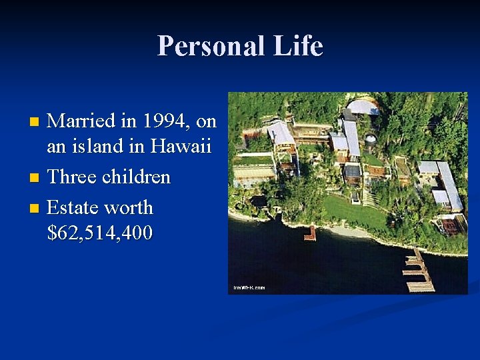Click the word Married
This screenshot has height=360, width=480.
click(83, 121)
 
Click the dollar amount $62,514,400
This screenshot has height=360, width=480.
click(100, 233)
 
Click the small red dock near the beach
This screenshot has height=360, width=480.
click(309, 233)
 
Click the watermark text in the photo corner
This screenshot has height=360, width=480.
click(249, 287)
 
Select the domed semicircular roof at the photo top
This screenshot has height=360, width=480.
click(364, 107)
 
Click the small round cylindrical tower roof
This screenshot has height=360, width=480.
click(369, 141)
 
